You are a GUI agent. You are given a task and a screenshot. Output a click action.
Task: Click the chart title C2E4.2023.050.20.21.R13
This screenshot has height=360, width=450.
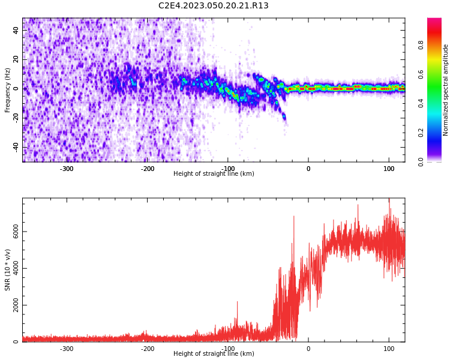pos(214,6)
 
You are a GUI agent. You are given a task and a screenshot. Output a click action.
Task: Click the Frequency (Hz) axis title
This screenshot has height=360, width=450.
pos(8,90)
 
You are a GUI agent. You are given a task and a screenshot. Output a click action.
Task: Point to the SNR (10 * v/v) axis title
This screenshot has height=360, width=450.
pos(8,270)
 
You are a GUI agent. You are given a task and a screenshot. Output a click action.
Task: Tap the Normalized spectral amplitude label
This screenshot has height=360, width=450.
pos(446,90)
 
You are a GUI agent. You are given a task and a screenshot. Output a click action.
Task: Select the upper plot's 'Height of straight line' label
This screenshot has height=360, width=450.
pos(214,174)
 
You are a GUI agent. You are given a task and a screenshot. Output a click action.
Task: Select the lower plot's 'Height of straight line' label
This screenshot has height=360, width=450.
pos(214,354)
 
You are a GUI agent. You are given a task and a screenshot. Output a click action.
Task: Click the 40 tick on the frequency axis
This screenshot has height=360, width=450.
pos(16,31)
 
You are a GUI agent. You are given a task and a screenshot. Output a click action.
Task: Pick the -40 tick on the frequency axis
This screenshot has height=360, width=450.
pos(16,147)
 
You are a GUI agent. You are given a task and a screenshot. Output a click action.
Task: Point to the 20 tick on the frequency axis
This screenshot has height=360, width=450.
pos(16,59)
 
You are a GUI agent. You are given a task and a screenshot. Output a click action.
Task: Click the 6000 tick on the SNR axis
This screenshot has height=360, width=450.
pos(16,232)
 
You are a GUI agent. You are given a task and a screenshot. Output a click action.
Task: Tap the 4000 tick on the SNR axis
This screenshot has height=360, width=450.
pos(16,268)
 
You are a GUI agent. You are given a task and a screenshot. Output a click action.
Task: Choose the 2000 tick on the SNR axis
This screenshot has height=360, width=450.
pos(16,305)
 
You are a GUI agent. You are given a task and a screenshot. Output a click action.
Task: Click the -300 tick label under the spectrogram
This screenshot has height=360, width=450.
pos(67,169)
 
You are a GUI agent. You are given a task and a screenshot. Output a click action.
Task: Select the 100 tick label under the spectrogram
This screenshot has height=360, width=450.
pos(388,169)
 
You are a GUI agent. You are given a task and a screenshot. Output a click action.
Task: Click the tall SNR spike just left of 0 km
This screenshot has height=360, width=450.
pos(294,217)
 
